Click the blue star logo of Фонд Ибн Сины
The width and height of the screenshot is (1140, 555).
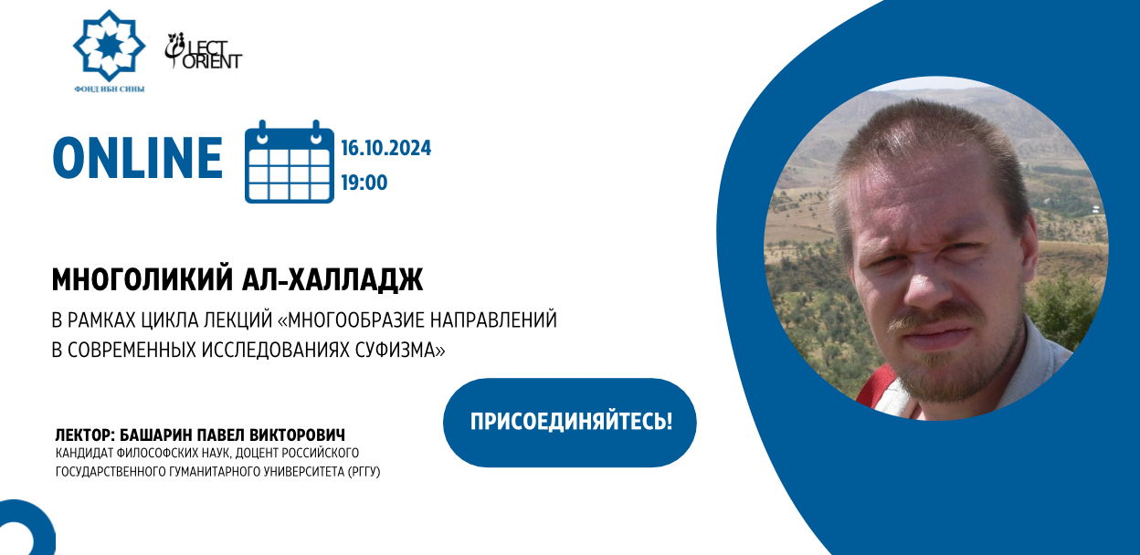109,46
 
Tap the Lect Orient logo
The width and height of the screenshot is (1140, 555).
203,51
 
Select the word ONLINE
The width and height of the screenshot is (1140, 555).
137,158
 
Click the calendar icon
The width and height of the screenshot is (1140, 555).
289,162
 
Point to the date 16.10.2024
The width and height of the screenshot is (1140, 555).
385,148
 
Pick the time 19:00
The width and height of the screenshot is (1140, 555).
364,183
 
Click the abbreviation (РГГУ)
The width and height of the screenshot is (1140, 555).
364,472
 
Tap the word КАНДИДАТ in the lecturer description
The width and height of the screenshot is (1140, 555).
83,453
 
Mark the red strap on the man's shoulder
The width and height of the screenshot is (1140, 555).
876,387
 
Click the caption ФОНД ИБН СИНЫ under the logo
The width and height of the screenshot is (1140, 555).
110,89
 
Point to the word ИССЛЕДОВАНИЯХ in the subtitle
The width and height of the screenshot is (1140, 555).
276,350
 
